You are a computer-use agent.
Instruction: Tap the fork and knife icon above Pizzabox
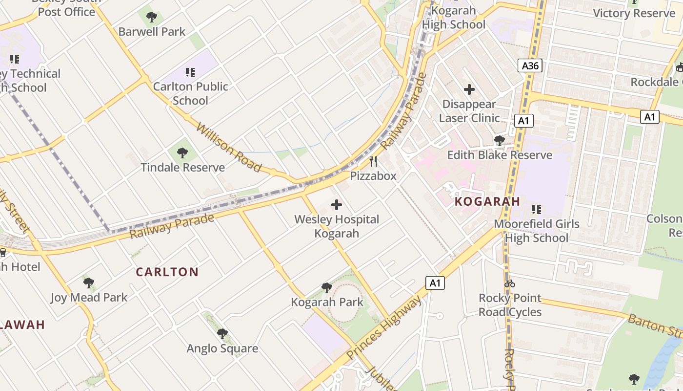[373, 161]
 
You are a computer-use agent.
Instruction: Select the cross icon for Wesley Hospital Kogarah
[337, 205]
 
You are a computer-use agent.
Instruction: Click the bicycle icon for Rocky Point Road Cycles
[510, 283]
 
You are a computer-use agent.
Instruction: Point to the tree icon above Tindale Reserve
[182, 153]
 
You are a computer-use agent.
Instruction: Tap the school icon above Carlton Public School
[190, 72]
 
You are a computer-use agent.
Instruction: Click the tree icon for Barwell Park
[152, 18]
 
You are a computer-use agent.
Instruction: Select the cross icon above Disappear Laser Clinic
[469, 89]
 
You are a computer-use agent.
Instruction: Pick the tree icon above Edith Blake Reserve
[499, 141]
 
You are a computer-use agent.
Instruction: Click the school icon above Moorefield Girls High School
[537, 210]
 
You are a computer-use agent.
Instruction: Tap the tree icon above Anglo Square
[222, 334]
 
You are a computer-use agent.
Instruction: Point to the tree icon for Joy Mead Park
[88, 282]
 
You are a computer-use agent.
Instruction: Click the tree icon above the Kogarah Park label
[327, 288]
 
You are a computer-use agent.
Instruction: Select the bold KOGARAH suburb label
[487, 201]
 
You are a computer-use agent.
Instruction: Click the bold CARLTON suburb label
[167, 272]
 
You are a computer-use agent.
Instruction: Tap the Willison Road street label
[229, 147]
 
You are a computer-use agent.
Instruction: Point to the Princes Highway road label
[384, 328]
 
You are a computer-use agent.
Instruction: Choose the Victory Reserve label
[634, 13]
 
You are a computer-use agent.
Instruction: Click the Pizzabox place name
[373, 176]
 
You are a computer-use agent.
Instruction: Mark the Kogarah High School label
[454, 18]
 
